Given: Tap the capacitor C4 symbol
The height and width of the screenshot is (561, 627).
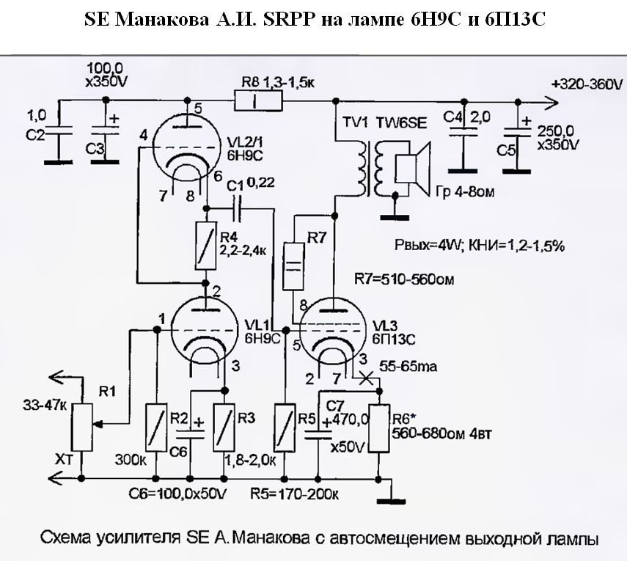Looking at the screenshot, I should tap(461, 132).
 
